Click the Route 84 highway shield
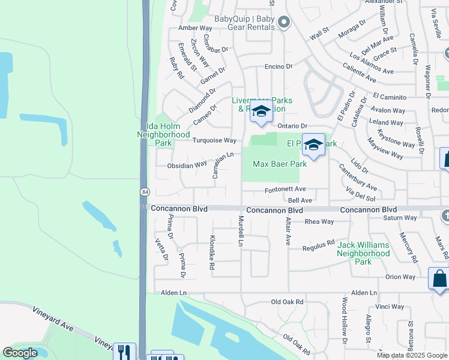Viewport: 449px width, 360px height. (x=145, y=192)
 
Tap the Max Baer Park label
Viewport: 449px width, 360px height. (x=276, y=163)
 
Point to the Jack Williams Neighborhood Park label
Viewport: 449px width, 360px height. (x=363, y=253)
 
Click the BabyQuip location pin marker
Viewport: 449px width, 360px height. (x=285, y=23)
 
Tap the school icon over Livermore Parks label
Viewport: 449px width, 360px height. (x=261, y=112)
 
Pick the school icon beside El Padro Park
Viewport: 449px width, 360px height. (x=313, y=146)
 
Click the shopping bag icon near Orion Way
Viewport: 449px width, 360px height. (x=439, y=278)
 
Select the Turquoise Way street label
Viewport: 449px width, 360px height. (x=214, y=140)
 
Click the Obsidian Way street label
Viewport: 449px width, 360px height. (x=187, y=164)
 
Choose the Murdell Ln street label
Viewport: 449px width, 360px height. (x=241, y=231)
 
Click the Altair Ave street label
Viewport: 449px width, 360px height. (x=288, y=232)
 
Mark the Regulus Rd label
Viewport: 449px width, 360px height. (x=318, y=246)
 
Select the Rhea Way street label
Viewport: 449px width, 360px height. (x=319, y=221)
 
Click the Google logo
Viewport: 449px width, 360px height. (x=20, y=353)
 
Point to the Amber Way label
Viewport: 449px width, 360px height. (x=196, y=28)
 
